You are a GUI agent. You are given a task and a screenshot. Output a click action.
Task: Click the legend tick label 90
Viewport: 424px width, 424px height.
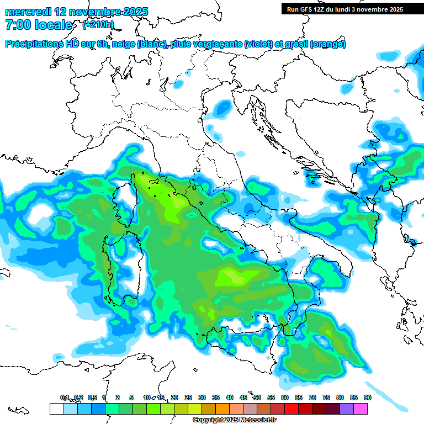368,397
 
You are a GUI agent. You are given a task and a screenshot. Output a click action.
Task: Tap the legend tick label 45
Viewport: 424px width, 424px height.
243,397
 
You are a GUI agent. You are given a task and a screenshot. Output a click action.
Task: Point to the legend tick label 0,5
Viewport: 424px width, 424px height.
92,397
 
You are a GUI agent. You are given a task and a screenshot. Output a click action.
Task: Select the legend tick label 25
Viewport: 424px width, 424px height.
188,397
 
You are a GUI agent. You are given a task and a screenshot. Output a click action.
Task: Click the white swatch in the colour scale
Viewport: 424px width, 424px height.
56,409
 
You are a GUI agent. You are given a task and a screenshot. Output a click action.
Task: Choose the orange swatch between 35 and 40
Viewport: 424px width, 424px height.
222,409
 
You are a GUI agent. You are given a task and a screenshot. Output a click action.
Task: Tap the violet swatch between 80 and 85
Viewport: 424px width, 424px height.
347,409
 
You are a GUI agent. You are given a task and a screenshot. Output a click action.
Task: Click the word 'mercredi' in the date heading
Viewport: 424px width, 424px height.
29,11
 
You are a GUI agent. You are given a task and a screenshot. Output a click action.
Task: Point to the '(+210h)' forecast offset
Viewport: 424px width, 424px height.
98,25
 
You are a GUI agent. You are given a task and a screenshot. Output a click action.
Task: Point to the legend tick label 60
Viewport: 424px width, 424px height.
285,397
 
